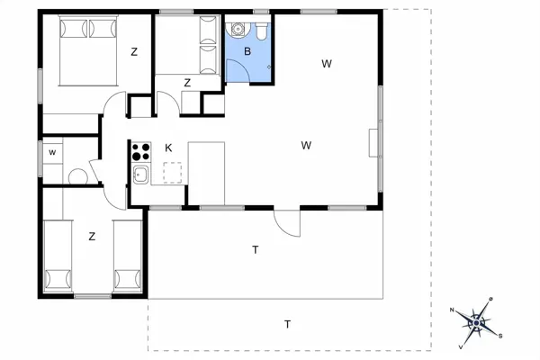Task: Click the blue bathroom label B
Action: click(247, 51)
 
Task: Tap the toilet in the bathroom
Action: click(262, 30)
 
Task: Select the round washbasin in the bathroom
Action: click(238, 29)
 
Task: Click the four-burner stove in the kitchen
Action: click(141, 151)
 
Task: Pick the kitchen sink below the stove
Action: click(141, 175)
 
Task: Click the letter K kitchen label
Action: click(168, 148)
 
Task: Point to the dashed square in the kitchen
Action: click(173, 173)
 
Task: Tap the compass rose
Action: click(476, 323)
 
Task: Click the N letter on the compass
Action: click(452, 310)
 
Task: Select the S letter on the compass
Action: click(500, 337)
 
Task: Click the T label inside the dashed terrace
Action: click(288, 324)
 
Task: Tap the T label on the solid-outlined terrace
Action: click(256, 250)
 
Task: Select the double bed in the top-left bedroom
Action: click(88, 50)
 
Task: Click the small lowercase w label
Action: click(52, 152)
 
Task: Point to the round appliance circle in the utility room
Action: click(78, 176)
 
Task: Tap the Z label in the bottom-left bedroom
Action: click(92, 237)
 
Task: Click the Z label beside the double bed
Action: click(134, 52)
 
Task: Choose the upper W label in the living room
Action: click(327, 64)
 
